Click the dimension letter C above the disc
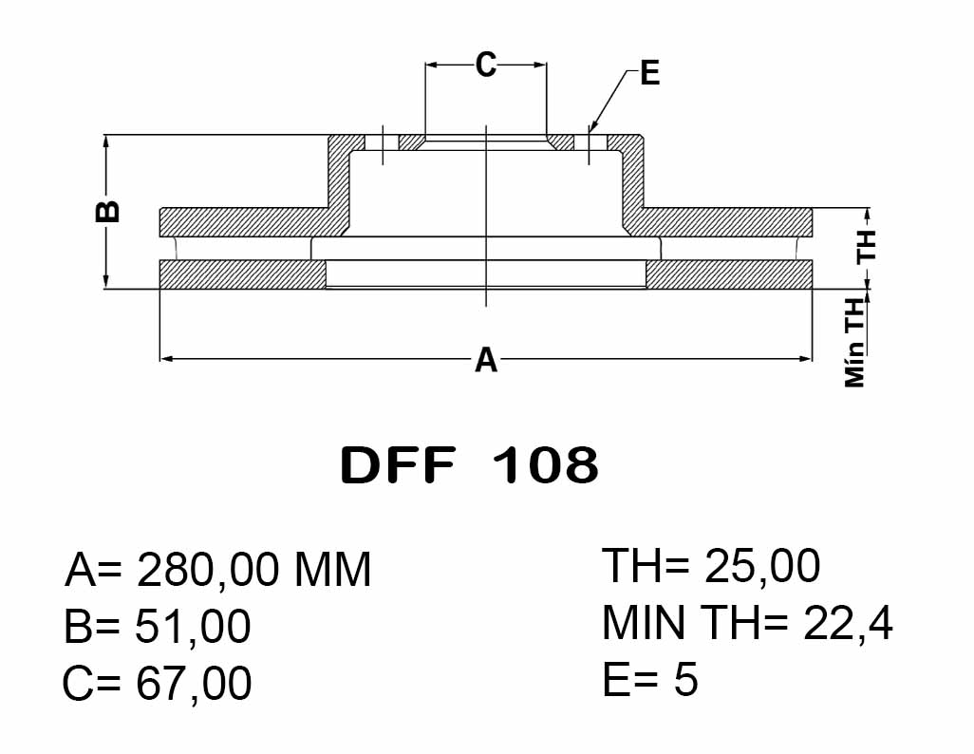(485, 65)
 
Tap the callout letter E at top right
(649, 73)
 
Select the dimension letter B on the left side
(110, 211)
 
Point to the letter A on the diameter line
(485, 360)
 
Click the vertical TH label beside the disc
(865, 246)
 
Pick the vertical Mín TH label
(855, 342)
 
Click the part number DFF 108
(469, 465)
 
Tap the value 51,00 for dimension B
(194, 628)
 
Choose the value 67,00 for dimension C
(194, 684)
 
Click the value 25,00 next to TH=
(762, 567)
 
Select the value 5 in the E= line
(686, 681)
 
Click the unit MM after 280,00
(332, 571)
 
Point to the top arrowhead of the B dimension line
(106, 141)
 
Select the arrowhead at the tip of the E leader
(590, 128)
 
